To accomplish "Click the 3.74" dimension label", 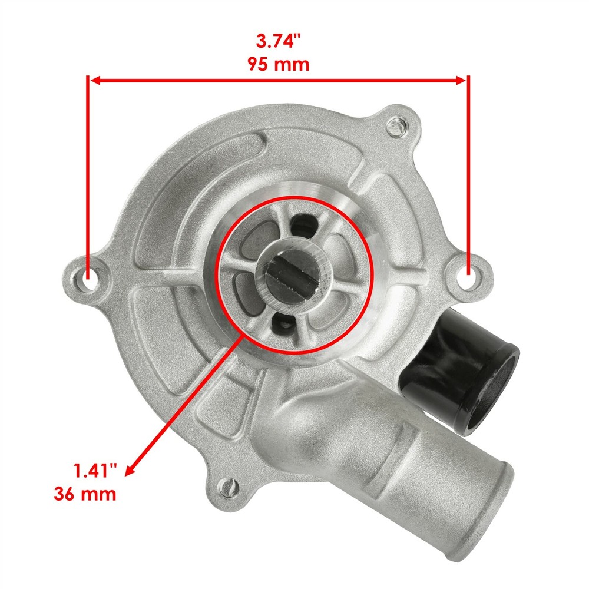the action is (x=279, y=41).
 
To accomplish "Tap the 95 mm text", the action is (x=279, y=64).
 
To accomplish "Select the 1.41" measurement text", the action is (x=95, y=470).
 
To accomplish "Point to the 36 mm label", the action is (x=85, y=494).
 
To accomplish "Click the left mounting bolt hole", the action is (x=87, y=279).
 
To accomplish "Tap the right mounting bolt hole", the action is (x=469, y=276).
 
